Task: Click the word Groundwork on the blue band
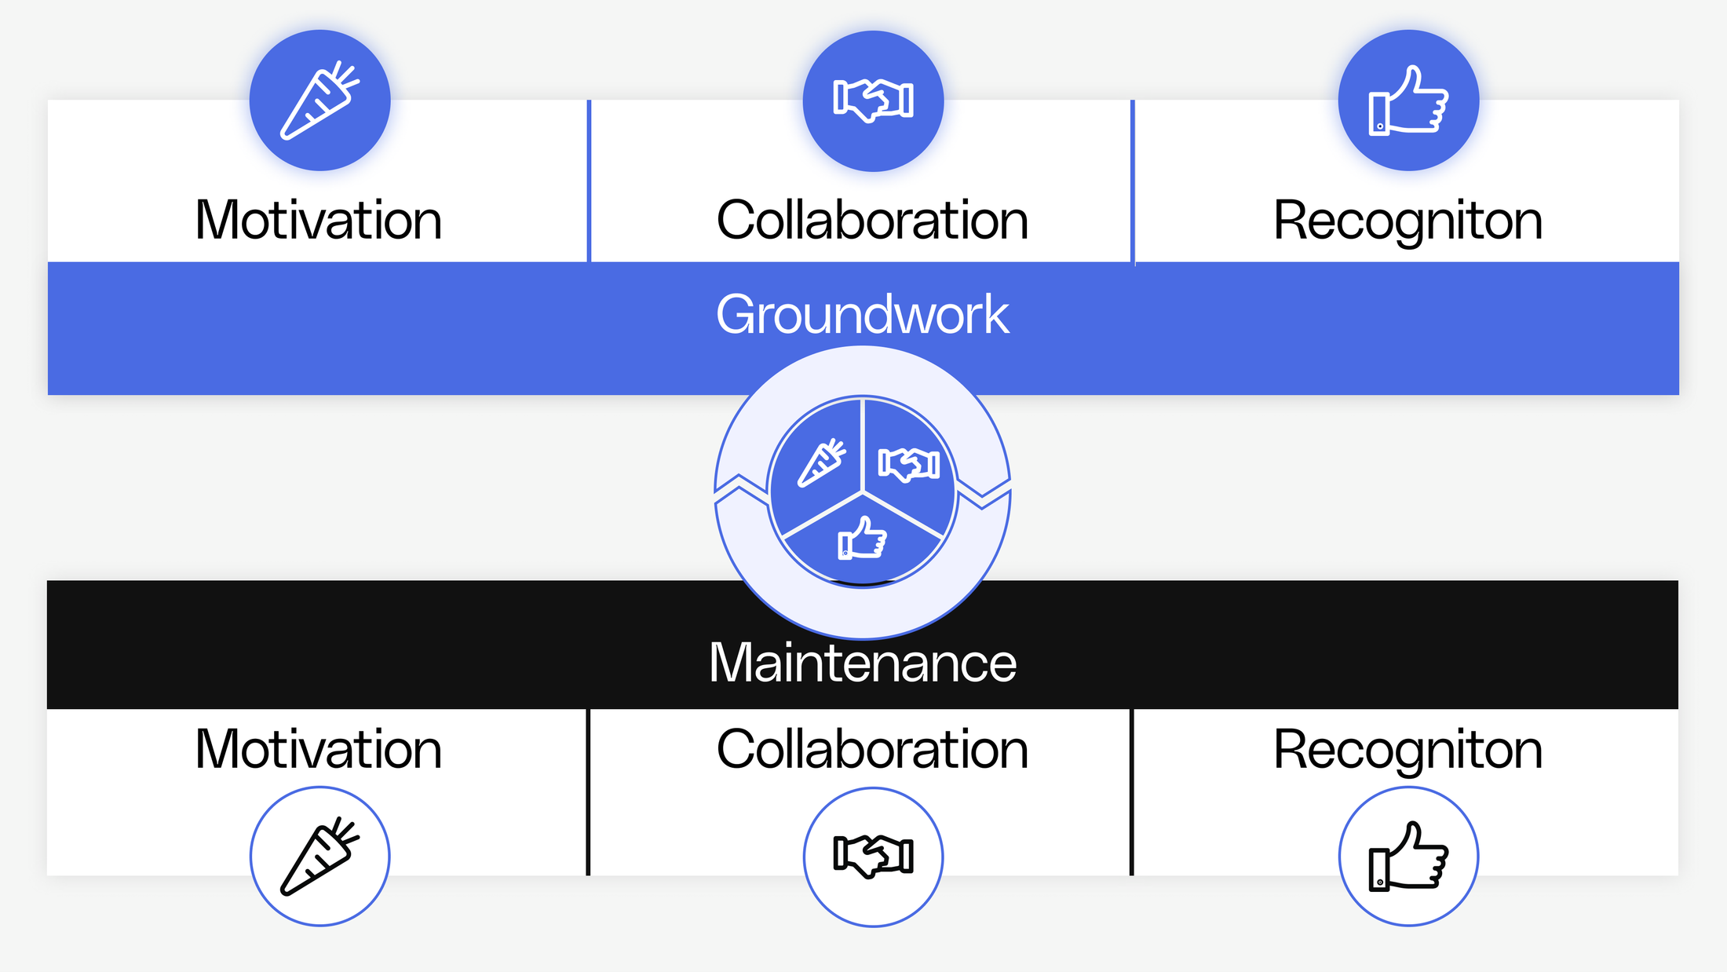tap(862, 315)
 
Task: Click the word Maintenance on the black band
tap(862, 663)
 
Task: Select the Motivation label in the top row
tap(319, 220)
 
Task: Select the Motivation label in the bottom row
tap(319, 749)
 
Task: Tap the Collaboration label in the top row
tap(872, 220)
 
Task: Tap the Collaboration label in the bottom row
tap(872, 749)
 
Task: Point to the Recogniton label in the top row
tap(1408, 221)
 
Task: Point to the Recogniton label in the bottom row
tap(1408, 751)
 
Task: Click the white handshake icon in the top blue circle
tap(873, 100)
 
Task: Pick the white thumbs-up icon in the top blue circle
tap(1408, 100)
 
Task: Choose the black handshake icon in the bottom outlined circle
tap(873, 856)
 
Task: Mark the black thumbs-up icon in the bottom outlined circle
tap(1408, 856)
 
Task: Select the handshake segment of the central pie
tap(908, 464)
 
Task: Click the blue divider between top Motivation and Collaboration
tap(589, 181)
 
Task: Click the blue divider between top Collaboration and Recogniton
tap(1133, 181)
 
